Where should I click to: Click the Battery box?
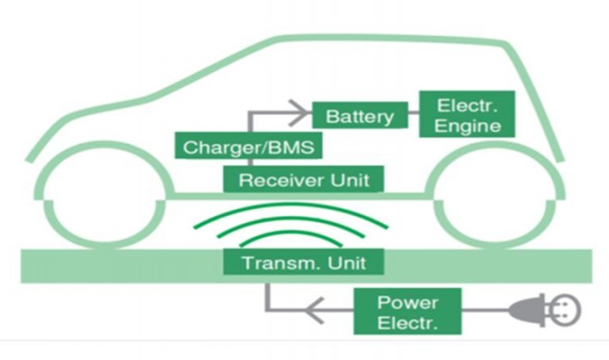[x=360, y=115]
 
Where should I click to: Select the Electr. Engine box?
[x=467, y=114]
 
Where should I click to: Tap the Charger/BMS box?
[x=248, y=146]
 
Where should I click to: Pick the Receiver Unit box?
[x=303, y=179]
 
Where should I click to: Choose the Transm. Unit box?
[x=303, y=262]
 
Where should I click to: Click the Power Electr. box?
[x=407, y=311]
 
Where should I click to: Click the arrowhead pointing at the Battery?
[x=299, y=113]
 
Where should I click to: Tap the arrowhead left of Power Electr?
[x=315, y=310]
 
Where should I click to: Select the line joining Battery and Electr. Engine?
[x=414, y=113]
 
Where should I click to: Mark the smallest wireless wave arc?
[x=291, y=234]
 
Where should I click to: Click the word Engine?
[x=467, y=126]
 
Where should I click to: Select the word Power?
[x=407, y=302]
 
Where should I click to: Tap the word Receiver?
[x=282, y=180]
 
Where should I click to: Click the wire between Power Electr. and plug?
[x=486, y=310]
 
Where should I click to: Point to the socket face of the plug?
[x=567, y=310]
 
